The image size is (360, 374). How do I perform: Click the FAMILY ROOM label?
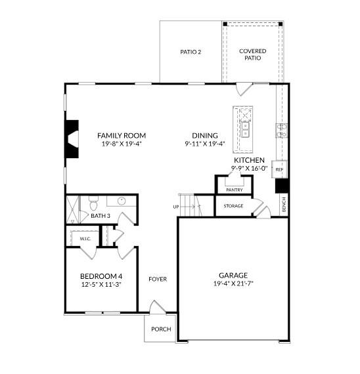pyautogui.click(x=122, y=135)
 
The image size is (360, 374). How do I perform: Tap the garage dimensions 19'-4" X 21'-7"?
pyautogui.click(x=233, y=283)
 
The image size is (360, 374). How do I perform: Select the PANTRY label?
pyautogui.click(x=235, y=190)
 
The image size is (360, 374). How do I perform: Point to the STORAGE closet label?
pyautogui.click(x=233, y=206)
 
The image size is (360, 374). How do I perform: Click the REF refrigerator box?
pyautogui.click(x=279, y=169)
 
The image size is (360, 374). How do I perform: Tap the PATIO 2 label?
pyautogui.click(x=191, y=52)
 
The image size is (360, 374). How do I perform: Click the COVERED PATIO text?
pyautogui.click(x=253, y=54)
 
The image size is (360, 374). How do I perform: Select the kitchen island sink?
pyautogui.click(x=246, y=133)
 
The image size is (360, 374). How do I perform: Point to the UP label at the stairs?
pyautogui.click(x=176, y=207)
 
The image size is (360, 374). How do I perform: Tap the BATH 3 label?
pyautogui.click(x=100, y=215)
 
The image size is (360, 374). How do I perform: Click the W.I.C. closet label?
pyautogui.click(x=85, y=239)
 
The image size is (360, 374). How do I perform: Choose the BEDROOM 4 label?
pyautogui.click(x=101, y=276)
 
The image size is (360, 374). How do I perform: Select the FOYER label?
pyautogui.click(x=158, y=279)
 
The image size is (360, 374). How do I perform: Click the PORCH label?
pyautogui.click(x=161, y=329)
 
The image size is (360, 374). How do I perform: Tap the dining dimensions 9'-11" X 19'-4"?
pyautogui.click(x=204, y=143)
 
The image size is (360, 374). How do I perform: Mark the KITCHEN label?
pyautogui.click(x=249, y=160)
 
